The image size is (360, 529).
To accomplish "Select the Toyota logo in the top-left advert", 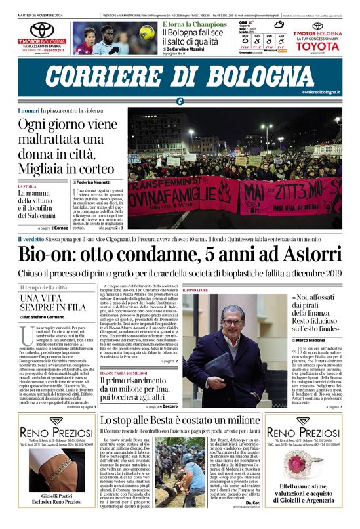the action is (x=42, y=30).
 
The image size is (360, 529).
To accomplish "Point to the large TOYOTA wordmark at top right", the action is (x=317, y=45).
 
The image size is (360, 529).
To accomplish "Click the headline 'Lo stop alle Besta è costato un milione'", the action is (x=180, y=420).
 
